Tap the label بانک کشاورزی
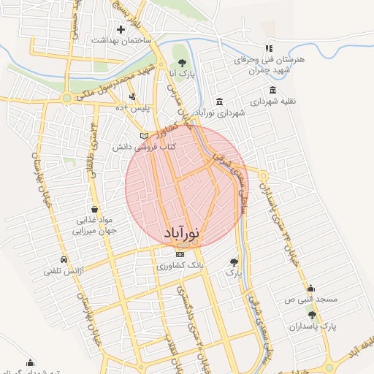[x=180, y=266]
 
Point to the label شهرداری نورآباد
[x=219, y=112]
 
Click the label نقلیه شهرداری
[x=272, y=102]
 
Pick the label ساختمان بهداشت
[x=121, y=41]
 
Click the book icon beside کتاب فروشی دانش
[x=144, y=136]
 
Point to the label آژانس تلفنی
[x=64, y=271]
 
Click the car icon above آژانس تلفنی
[x=64, y=259]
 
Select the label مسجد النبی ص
[x=310, y=299]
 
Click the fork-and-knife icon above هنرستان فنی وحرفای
[x=269, y=47]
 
